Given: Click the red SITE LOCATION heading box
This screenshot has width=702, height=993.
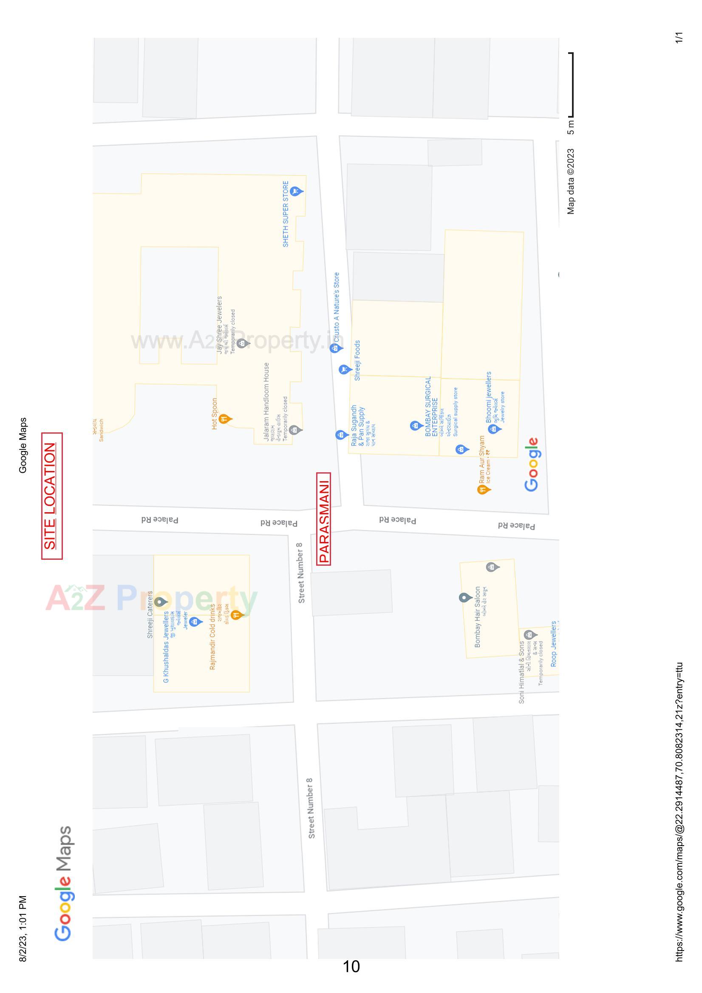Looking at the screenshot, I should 51,496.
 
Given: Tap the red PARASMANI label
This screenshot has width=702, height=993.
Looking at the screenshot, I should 324,518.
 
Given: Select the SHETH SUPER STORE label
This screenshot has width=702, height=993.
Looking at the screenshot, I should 286,214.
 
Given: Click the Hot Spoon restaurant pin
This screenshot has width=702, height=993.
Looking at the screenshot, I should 225,418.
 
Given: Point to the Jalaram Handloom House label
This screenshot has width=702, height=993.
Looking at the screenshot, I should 266,401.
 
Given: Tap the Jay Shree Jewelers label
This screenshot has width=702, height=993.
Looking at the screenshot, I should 219,325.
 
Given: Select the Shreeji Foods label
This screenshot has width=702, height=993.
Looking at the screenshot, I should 357,360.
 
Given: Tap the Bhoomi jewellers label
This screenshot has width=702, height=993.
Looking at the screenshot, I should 489,397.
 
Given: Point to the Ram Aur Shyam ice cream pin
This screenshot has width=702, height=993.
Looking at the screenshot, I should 483,489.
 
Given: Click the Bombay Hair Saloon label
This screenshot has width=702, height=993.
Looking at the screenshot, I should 477,617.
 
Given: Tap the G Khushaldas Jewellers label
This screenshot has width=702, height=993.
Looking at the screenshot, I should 166,647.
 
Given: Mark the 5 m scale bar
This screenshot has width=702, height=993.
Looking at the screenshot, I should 572,85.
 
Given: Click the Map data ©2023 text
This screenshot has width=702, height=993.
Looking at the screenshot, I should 571,182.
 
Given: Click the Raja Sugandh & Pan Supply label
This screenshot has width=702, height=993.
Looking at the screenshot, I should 358,426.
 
